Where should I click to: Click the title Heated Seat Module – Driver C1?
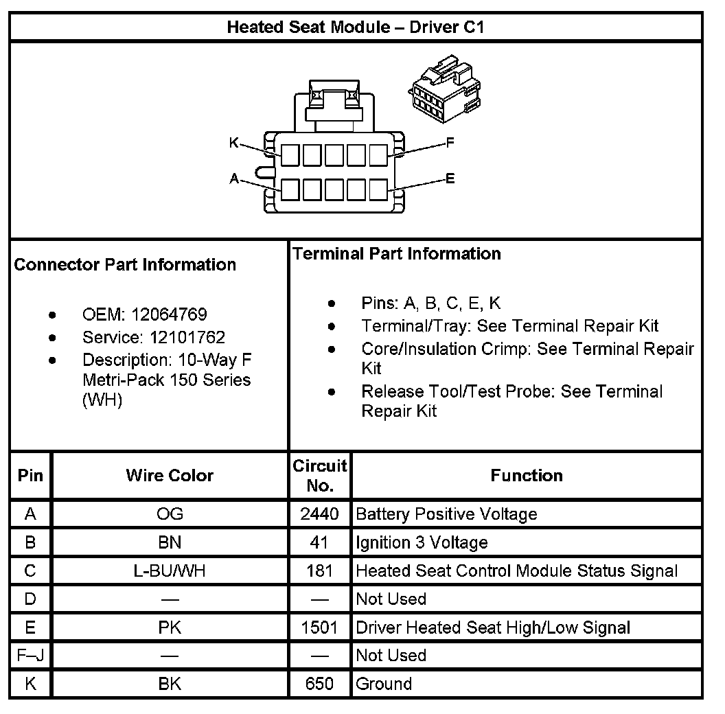[x=356, y=27]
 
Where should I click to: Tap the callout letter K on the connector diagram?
[x=234, y=143]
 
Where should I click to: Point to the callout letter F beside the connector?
[x=450, y=143]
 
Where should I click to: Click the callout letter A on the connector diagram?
[x=234, y=178]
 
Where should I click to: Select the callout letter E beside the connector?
[x=450, y=178]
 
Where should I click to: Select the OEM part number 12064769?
[x=169, y=315]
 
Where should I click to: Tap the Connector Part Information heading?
[x=125, y=265]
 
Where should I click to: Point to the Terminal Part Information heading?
[x=397, y=254]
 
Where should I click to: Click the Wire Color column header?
[x=170, y=476]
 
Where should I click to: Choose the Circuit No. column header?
[x=320, y=476]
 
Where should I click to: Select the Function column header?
[x=527, y=476]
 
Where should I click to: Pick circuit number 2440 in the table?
[x=320, y=514]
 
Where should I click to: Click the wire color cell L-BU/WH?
[x=170, y=571]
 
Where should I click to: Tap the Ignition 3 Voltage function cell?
[x=422, y=543]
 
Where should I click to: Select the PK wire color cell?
[x=170, y=627]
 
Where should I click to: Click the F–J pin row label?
[x=30, y=656]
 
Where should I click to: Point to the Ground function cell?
[x=384, y=684]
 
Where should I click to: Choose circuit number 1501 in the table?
[x=320, y=627]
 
